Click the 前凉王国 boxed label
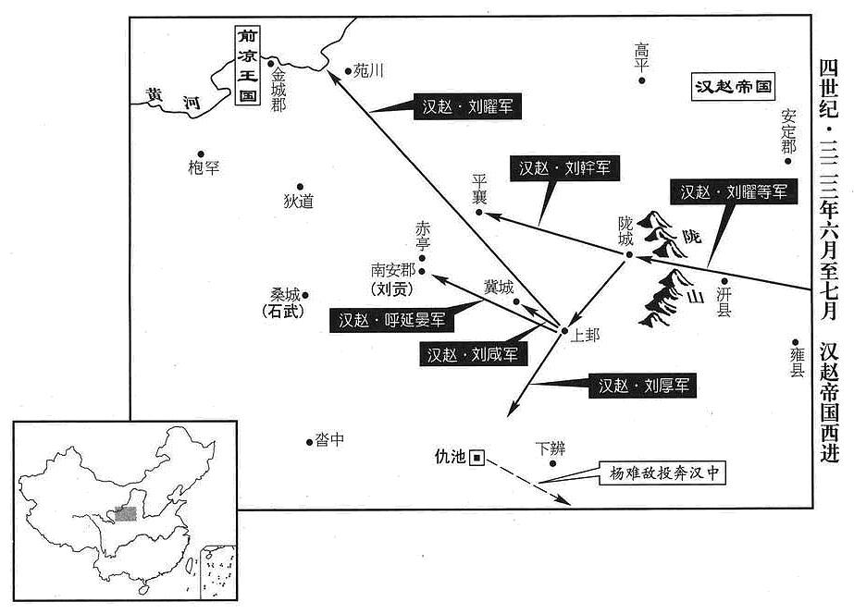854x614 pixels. [248, 66]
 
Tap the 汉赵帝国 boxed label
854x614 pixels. [734, 87]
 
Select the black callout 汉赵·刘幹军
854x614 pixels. [564, 168]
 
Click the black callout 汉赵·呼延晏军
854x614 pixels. [391, 320]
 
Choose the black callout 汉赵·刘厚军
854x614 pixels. [643, 386]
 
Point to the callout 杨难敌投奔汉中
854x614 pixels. [662, 473]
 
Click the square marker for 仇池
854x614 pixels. [477, 459]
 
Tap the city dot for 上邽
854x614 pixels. [564, 330]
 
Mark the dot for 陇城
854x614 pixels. [629, 254]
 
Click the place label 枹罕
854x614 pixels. [204, 167]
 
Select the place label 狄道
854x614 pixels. [299, 202]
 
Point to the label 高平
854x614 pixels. [641, 57]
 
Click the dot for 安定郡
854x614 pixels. [787, 161]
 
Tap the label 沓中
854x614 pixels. [329, 439]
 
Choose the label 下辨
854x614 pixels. [551, 448]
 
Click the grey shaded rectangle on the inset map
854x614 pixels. [125, 513]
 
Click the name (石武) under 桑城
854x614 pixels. [283, 312]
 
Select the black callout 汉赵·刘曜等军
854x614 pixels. [734, 191]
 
